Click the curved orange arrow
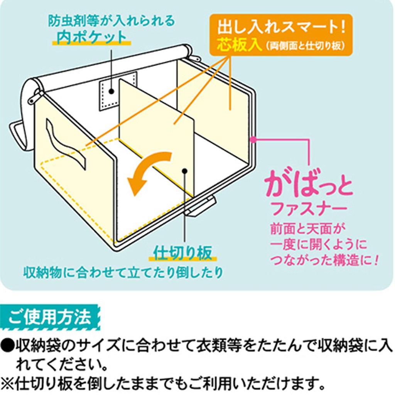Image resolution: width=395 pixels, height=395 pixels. click(149, 172)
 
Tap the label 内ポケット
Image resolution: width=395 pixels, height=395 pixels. click(91, 37)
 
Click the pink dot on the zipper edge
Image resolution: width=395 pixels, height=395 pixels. click(253, 139)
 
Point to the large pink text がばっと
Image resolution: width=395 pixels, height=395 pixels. click(308, 186)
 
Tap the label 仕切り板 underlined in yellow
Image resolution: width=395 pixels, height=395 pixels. click(183, 253)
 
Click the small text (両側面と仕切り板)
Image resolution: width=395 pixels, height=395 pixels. click(304, 46)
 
